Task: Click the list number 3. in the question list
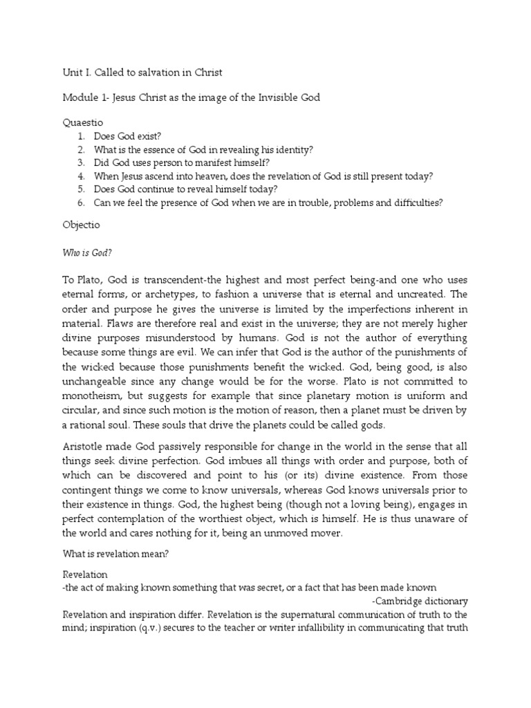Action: (x=81, y=163)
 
